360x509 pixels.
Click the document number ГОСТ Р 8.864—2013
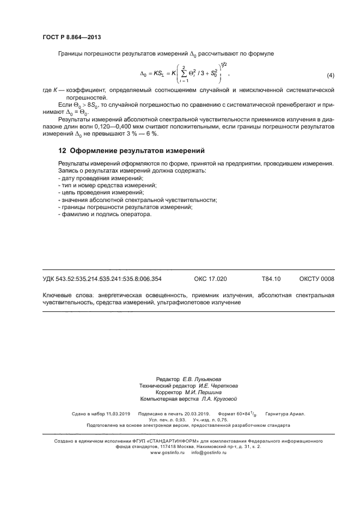tap(71, 37)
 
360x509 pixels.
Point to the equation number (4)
tap(330, 75)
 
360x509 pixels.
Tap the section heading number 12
tap(62, 151)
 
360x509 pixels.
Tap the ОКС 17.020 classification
tap(210, 279)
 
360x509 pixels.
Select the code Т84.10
tap(271, 279)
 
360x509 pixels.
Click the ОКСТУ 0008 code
tap(316, 279)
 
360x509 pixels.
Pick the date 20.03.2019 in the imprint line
tap(194, 414)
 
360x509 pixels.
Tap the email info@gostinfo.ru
tap(209, 452)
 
